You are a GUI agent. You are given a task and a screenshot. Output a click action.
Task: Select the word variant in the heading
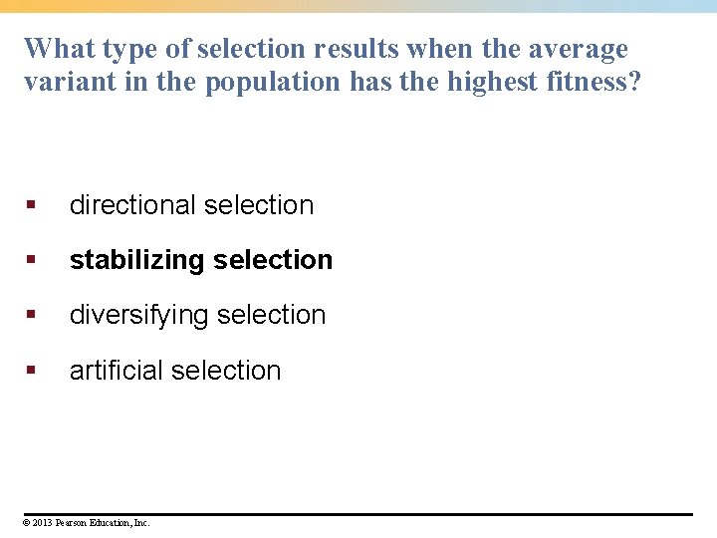(x=65, y=82)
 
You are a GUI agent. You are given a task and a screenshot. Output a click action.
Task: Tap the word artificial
(x=116, y=371)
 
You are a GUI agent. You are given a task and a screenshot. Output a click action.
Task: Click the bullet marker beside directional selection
(x=31, y=205)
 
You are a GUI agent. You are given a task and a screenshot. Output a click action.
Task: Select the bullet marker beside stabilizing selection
(x=31, y=260)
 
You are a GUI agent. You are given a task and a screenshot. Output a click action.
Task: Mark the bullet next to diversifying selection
(x=31, y=315)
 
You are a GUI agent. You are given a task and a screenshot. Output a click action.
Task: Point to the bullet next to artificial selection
(x=31, y=371)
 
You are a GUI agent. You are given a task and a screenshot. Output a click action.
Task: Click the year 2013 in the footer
(x=44, y=522)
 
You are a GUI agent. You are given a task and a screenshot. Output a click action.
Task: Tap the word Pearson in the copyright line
(x=72, y=522)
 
